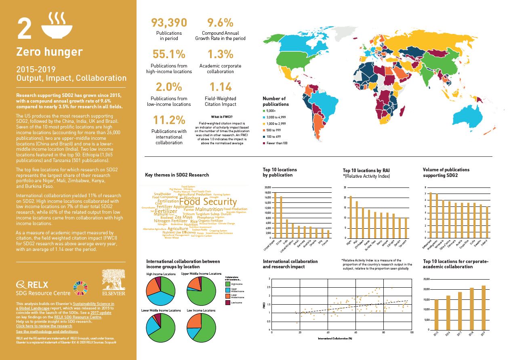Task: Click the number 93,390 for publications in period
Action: coord(168,22)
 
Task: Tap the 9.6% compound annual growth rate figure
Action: coord(220,22)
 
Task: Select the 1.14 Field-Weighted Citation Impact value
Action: coord(220,86)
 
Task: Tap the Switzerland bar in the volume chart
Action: coord(430,215)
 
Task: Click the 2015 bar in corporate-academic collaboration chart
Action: coord(436,315)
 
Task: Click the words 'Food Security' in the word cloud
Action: coord(208,202)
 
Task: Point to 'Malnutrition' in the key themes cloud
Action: coord(208,209)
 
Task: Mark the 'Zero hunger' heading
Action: coord(49,52)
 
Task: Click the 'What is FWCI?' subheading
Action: coord(221,116)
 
